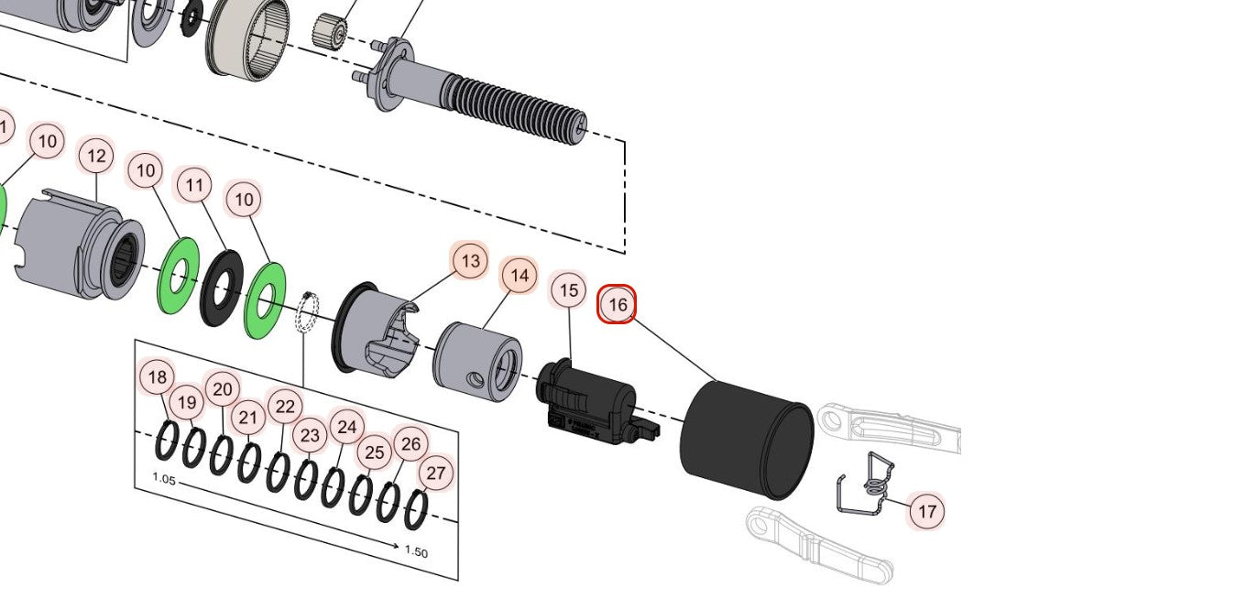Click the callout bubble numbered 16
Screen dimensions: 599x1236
(x=617, y=305)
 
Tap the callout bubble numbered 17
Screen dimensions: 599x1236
(x=926, y=510)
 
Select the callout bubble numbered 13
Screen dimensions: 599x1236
(x=470, y=261)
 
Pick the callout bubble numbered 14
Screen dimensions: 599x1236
(x=519, y=276)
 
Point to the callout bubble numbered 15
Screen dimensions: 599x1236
(x=569, y=290)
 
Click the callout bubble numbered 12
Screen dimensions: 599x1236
(x=96, y=157)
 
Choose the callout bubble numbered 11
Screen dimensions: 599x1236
(x=193, y=186)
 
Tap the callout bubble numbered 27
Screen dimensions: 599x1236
(x=436, y=474)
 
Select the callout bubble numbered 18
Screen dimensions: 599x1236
(x=158, y=376)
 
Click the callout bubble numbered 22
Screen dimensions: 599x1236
(x=285, y=407)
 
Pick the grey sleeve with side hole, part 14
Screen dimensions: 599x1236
(x=476, y=361)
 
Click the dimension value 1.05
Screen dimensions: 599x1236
(x=164, y=479)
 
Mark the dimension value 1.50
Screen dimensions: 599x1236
(x=416, y=552)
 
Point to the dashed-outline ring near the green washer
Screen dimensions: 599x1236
(x=307, y=312)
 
